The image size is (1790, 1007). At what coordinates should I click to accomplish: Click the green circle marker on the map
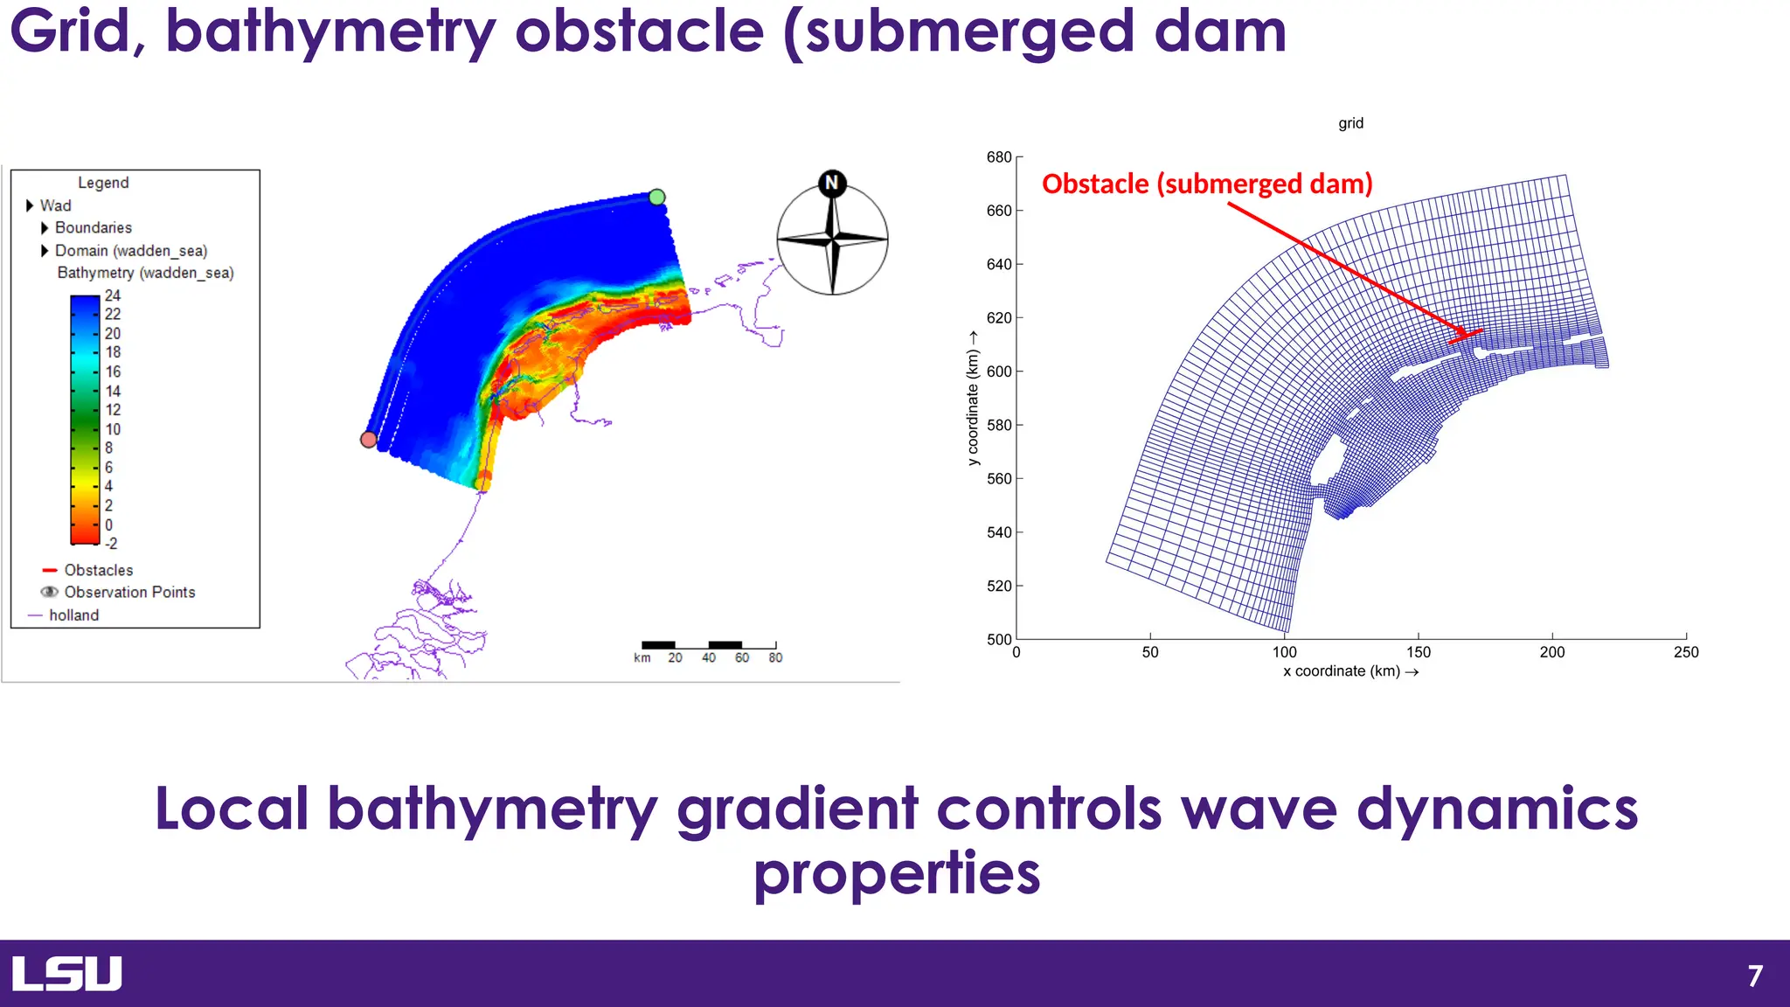coord(657,198)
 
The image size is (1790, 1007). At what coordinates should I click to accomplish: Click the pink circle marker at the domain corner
coord(369,440)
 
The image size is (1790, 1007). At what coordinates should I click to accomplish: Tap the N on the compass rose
coord(832,183)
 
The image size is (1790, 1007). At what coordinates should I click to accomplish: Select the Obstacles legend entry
coord(98,570)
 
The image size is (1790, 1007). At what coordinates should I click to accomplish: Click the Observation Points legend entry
coord(128,593)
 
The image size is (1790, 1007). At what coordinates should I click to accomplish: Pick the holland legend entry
coord(73,615)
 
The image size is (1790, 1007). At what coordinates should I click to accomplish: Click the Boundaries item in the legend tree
coord(93,228)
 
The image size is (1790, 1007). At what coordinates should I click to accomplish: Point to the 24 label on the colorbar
coord(113,295)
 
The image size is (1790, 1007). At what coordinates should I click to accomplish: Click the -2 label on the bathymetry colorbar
coord(110,544)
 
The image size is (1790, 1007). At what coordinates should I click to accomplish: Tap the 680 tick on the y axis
coord(999,157)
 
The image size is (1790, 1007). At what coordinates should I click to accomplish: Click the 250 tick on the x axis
coord(1685,652)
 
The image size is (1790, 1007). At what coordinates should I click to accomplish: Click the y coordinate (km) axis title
coord(973,399)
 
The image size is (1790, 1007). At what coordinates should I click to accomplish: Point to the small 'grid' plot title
coord(1350,123)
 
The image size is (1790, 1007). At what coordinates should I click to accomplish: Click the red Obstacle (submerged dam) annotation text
coord(1207,184)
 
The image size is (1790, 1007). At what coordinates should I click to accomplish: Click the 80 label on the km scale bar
coord(775,658)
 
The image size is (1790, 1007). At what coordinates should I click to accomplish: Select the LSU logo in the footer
coord(67,974)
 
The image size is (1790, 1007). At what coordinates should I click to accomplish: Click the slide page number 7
coord(1755,976)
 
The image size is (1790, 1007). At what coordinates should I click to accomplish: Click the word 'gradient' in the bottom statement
coord(797,809)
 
